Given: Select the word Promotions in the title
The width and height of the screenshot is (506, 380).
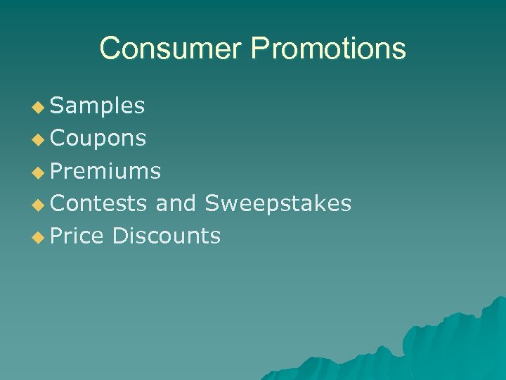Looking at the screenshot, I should coord(329,49).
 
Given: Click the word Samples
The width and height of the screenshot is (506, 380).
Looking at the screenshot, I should coord(98,106).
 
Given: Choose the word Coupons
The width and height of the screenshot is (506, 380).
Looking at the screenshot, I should coord(98,139).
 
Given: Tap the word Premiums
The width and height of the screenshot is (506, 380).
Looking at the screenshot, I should coord(105,171).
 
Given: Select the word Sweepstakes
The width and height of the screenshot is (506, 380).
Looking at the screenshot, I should coord(278,203).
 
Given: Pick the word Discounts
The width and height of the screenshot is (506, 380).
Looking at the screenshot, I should coord(166,236).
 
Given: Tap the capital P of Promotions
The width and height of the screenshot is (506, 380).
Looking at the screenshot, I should coord(260,49).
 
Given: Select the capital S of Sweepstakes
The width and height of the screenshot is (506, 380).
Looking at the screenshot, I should coord(212,203).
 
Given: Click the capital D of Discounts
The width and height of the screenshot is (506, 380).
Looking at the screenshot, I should coord(119,236).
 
